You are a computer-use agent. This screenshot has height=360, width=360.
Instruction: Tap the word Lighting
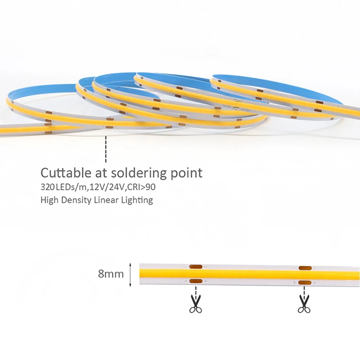point(138,200)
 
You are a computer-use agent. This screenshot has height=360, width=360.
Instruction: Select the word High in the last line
point(48,200)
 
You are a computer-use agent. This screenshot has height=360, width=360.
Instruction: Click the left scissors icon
point(195,304)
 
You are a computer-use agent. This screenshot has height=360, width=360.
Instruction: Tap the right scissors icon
point(304,304)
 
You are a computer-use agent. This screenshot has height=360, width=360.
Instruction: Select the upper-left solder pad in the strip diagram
point(195,267)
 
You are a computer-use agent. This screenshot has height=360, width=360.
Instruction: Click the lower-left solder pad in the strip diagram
point(195,281)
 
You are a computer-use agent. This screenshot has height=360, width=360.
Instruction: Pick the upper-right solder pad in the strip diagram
point(304,267)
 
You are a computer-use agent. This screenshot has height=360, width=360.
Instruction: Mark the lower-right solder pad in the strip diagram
point(304,282)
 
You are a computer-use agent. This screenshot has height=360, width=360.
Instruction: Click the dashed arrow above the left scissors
point(195,290)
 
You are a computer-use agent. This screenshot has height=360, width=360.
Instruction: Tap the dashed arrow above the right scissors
point(304,290)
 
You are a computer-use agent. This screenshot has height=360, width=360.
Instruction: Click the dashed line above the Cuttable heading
point(106,149)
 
